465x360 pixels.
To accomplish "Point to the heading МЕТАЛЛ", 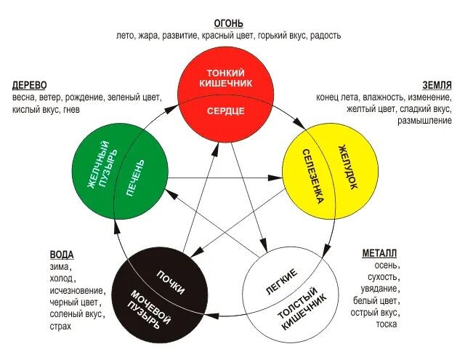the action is click(x=379, y=254).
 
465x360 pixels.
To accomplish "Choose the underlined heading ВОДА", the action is click(x=62, y=255).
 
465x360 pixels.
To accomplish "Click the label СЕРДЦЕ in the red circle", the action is click(x=225, y=111).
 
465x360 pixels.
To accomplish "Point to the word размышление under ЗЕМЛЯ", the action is click(x=424, y=121).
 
